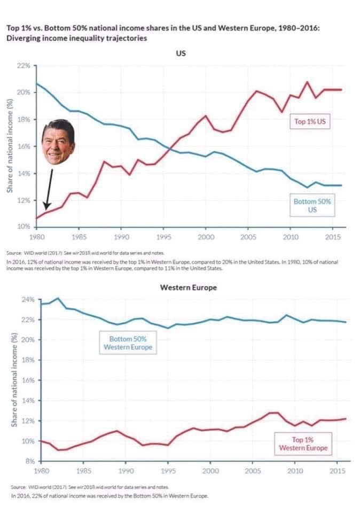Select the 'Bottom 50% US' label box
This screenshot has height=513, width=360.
[x=312, y=206]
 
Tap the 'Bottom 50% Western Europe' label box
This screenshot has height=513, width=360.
[x=127, y=343]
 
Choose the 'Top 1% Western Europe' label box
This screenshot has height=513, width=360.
[x=303, y=444]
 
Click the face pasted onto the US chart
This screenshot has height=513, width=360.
[x=58, y=143]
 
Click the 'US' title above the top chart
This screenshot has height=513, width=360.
[x=180, y=53]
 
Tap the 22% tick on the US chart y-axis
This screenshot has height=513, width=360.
[x=24, y=65]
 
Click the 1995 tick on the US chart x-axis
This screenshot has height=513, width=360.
[x=163, y=236]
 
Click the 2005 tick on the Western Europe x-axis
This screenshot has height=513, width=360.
[x=252, y=471]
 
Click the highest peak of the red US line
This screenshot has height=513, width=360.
[x=307, y=82]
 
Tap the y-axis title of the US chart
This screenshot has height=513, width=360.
[x=9, y=146]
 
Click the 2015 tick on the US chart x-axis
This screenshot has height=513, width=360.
[x=333, y=236]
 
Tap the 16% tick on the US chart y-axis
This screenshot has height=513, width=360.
[x=24, y=146]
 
